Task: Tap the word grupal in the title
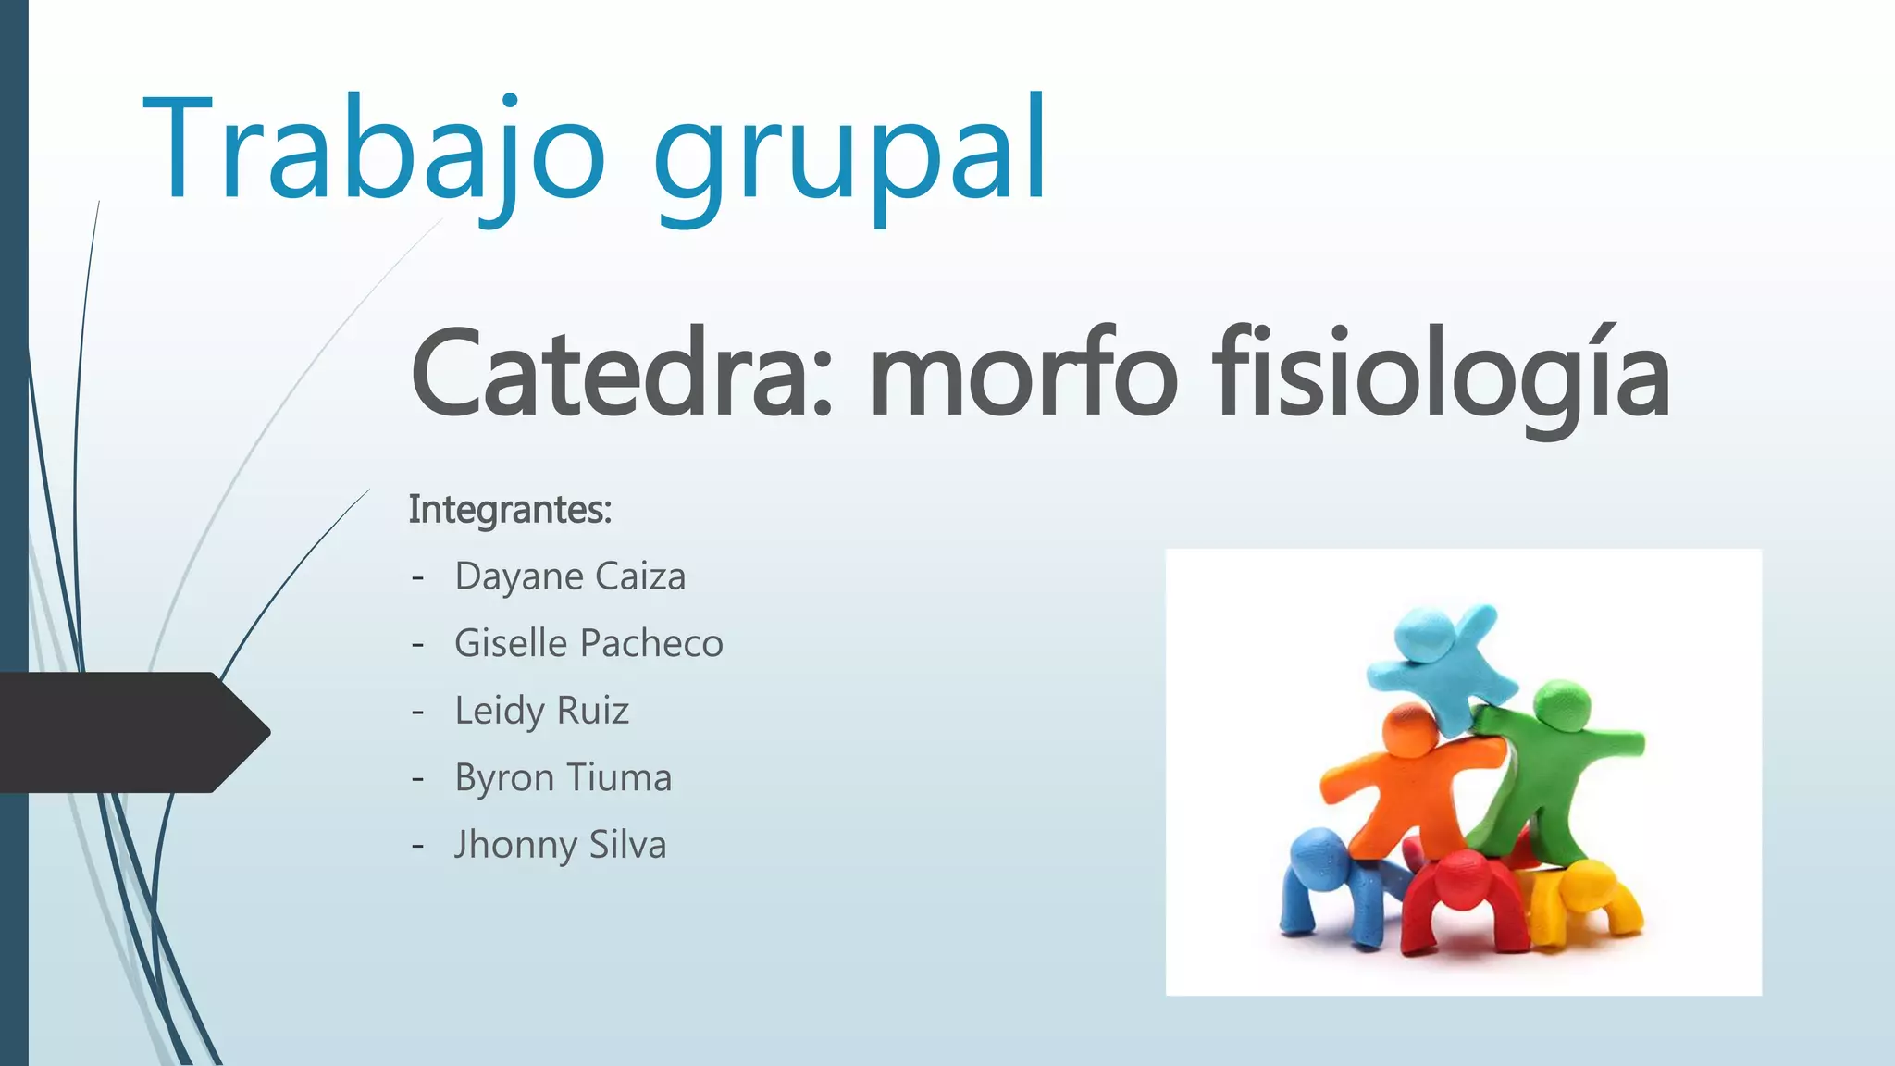[x=851, y=153]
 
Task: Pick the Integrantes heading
[x=510, y=510]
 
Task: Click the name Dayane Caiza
[x=570, y=576]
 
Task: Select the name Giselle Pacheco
[x=588, y=643]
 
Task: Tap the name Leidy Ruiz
[x=541, y=711]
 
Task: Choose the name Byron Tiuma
[x=563, y=778]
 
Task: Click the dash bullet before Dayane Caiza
[x=418, y=577]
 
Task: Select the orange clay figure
[x=1406, y=777]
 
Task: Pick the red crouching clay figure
[x=1462, y=898]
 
